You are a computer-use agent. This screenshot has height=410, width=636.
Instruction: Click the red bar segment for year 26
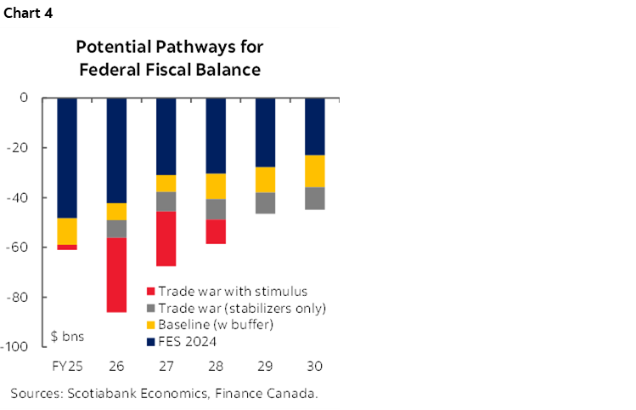[x=116, y=275]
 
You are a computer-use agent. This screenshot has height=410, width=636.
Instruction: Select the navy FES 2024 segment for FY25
[x=67, y=157]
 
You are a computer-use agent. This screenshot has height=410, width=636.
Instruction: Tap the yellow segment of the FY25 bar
[x=67, y=231]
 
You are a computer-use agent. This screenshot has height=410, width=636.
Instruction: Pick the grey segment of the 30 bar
[x=315, y=197]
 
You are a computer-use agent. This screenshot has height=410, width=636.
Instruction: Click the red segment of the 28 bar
[x=216, y=231]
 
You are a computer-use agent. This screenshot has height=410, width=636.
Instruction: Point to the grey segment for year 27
[x=166, y=202]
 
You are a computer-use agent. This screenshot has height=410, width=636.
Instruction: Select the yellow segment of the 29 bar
[x=266, y=179]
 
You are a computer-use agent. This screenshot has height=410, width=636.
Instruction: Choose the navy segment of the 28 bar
[x=216, y=135]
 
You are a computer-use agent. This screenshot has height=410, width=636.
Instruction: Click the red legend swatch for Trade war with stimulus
[x=151, y=292]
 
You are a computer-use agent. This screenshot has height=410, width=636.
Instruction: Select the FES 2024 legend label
[x=189, y=341]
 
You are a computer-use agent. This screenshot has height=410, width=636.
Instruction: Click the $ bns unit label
[x=66, y=336]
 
